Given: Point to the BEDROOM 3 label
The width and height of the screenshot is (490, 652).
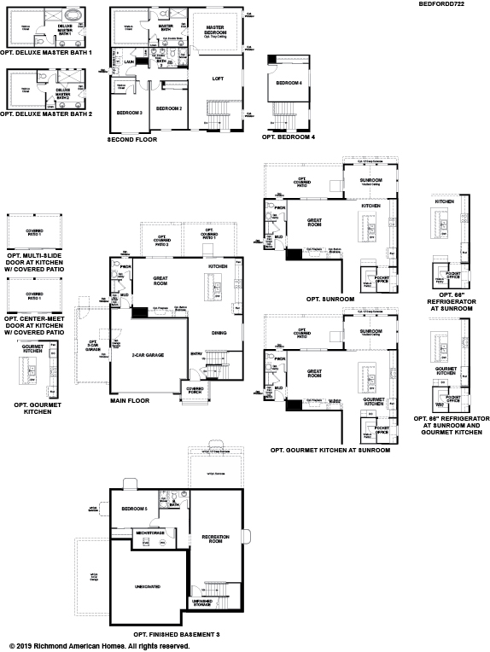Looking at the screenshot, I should (129, 113).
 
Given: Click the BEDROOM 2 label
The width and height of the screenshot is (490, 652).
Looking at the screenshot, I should (169, 108).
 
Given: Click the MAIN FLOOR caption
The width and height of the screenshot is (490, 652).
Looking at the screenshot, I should (129, 399).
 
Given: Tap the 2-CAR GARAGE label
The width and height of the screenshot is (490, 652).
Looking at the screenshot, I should (148, 355).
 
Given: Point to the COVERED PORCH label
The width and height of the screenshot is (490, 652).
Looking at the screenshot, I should (195, 388).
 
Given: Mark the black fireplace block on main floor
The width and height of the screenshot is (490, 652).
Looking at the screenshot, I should (138, 312).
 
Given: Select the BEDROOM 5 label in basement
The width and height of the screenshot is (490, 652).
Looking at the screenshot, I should (134, 509).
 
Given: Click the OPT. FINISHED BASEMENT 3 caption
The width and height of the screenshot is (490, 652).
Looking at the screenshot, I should (177, 635).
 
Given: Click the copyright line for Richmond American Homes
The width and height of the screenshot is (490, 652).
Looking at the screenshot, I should (99, 646).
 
